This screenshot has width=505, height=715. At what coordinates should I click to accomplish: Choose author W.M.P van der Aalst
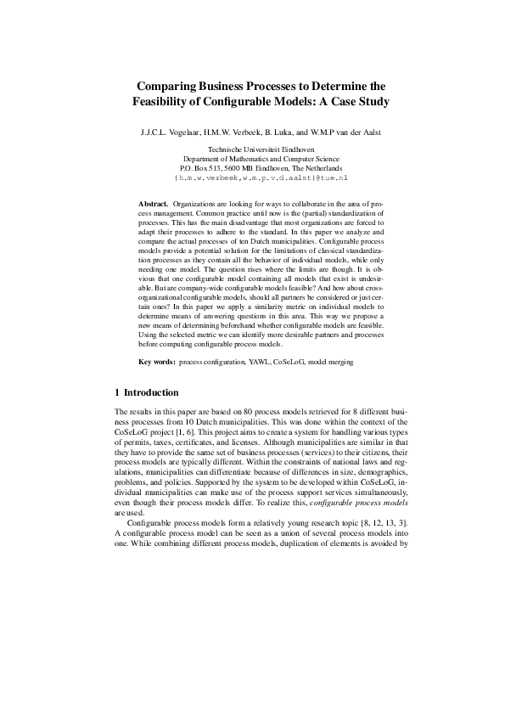347,133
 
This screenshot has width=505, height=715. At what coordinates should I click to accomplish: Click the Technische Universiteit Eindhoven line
252,149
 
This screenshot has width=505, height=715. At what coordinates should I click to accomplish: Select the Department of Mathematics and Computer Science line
252,159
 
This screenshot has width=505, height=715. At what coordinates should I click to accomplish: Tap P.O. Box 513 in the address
201,169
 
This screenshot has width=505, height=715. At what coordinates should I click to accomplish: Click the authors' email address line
252,179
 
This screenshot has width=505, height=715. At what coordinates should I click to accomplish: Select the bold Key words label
157,386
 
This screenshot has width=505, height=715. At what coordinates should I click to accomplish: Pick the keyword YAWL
258,386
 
